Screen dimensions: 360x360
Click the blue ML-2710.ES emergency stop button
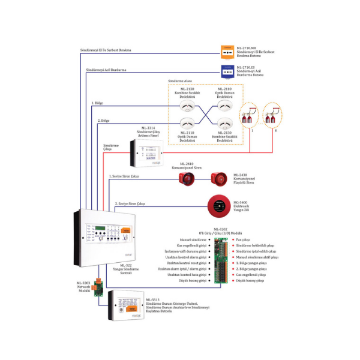pos(227,72)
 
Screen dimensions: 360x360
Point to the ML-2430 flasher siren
pos(217,178)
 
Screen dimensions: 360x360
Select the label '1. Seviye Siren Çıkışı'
pos(124,176)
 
